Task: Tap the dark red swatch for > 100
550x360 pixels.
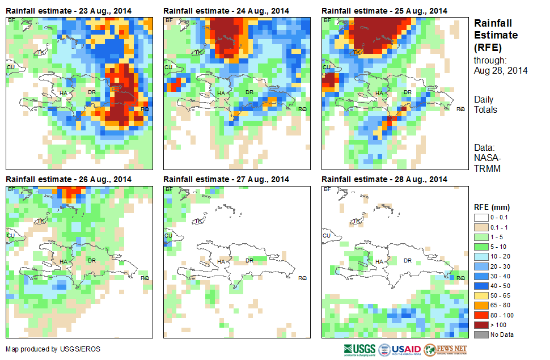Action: coord(482,325)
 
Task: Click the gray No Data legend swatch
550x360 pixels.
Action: coord(482,334)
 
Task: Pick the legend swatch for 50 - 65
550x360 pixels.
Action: coord(482,296)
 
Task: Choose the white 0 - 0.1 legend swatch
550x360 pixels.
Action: coord(482,218)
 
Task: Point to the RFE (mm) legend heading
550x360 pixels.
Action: coord(488,207)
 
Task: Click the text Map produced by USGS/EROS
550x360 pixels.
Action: coord(53,349)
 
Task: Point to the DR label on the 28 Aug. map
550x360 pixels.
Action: coord(407,260)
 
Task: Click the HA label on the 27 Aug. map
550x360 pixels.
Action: coord(221,261)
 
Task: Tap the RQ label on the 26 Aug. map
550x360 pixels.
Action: coord(145,278)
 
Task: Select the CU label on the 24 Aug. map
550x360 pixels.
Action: coord(168,67)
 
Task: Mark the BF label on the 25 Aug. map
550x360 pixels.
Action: coord(327,20)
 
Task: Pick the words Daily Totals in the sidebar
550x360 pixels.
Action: coord(485,104)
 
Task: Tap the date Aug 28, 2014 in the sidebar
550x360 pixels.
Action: coord(501,70)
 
